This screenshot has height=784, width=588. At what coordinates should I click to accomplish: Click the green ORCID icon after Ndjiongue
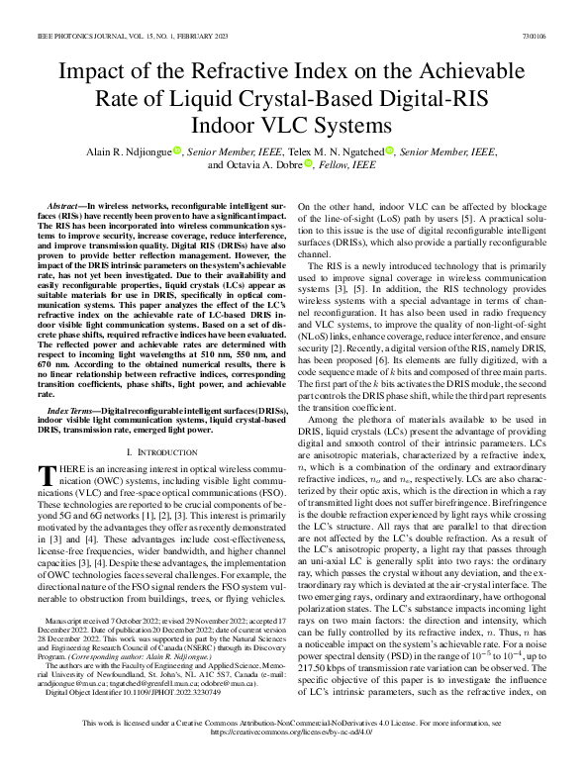[177, 150]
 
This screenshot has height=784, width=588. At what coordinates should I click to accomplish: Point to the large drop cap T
[45, 473]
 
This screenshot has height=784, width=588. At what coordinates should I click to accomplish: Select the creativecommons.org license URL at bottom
[293, 760]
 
